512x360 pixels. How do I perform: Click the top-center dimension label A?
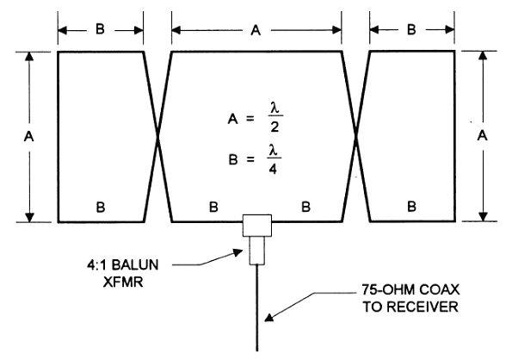[256, 30]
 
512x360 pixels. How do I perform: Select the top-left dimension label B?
[100, 28]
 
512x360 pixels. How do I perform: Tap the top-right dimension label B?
[411, 30]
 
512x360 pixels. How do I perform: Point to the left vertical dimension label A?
[29, 136]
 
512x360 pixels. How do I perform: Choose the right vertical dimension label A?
[482, 135]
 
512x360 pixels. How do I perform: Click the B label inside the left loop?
[101, 207]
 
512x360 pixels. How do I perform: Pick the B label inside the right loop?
[412, 207]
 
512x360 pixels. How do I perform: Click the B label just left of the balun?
[213, 207]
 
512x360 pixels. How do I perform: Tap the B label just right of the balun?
[305, 207]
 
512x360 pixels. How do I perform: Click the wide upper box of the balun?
[257, 226]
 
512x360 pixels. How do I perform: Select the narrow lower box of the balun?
[257, 251]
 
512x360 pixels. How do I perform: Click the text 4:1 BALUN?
[122, 265]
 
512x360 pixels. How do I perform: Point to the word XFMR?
[123, 282]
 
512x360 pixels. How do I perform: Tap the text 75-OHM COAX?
[410, 289]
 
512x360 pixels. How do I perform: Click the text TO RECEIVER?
[410, 307]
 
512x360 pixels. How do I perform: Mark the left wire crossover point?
[158, 138]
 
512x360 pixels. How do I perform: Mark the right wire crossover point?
[356, 137]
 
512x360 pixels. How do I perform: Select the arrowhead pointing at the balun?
[237, 252]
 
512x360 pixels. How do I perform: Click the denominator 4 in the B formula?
[273, 169]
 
